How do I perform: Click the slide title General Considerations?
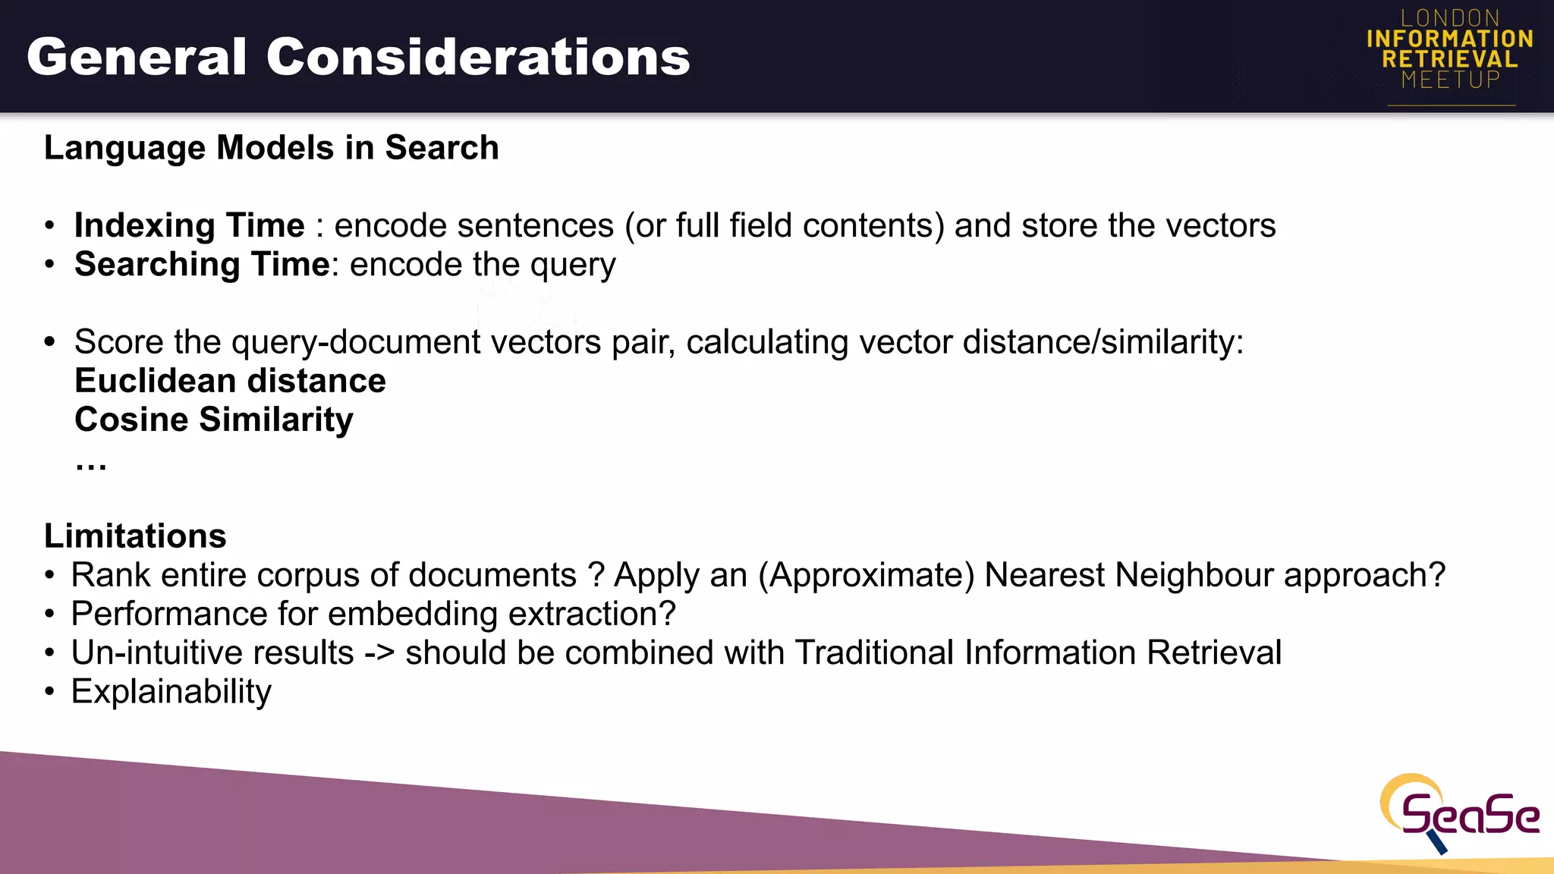click(358, 58)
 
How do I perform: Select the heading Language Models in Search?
click(272, 148)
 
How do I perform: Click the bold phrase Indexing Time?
click(190, 226)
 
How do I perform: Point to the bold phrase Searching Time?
click(202, 265)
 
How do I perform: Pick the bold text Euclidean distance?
click(230, 381)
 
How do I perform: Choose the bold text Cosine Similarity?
click(214, 420)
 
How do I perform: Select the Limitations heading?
click(135, 536)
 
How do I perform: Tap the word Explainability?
click(171, 692)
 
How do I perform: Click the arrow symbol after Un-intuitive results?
click(379, 653)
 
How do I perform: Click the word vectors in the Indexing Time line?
click(1221, 226)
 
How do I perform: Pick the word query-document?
click(356, 343)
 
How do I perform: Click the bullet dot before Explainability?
click(49, 692)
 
